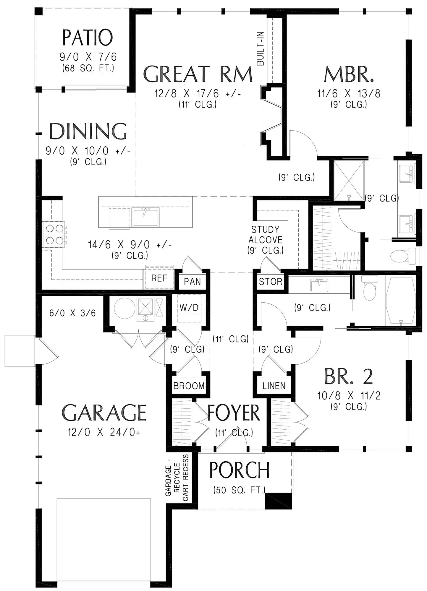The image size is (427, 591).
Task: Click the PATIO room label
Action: coord(88,38)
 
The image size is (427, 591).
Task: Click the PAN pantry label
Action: coord(192,282)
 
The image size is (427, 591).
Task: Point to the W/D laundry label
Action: coord(189,307)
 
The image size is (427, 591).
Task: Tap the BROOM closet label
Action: coord(189,386)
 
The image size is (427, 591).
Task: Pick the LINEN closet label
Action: coord(274,386)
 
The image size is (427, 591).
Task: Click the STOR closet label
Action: coord(271,282)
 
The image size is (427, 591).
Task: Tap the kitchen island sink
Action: coord(145,217)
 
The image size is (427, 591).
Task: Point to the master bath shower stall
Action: coord(349,180)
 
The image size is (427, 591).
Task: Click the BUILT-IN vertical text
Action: coord(260,49)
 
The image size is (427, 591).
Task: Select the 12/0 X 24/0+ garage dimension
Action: coord(104,432)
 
